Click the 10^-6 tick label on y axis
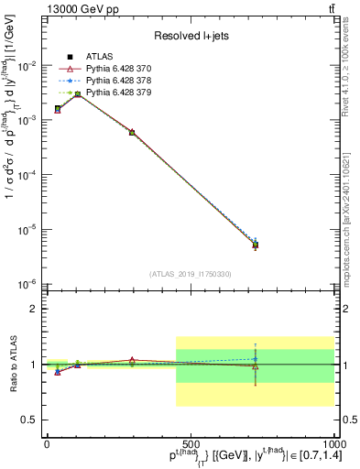coord(29,284)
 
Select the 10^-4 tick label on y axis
coord(29,175)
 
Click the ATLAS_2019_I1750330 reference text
coord(190,274)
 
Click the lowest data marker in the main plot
coord(256,245)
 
